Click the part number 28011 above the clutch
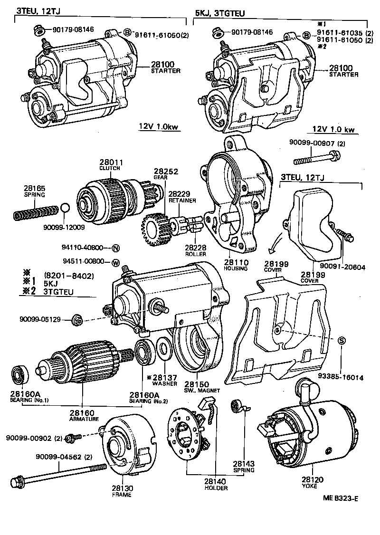[110, 162]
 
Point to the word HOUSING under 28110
[237, 268]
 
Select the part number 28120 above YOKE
[309, 480]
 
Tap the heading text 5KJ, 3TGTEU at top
[219, 14]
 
